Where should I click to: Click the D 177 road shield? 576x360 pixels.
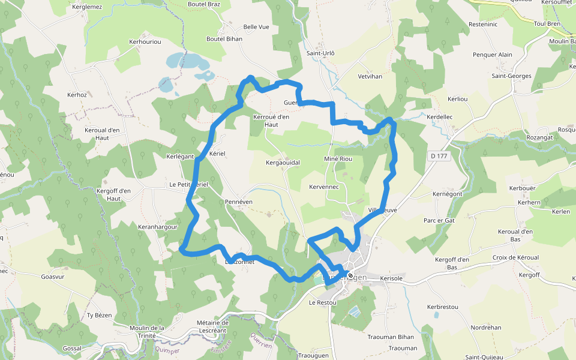coord(439,156)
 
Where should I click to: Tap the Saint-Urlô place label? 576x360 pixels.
coord(320,53)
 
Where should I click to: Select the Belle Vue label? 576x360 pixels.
coord(256,27)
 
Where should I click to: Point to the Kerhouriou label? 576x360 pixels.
coord(145,42)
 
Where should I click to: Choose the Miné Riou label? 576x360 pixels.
coord(338,159)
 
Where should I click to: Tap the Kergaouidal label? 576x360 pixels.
coord(283,163)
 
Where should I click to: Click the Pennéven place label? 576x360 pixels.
coord(239,202)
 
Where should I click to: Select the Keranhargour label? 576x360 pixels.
coord(158,227)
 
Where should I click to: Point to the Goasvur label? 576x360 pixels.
coord(53,277)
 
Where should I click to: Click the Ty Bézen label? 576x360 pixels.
coord(100,315)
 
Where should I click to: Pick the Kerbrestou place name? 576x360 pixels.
coord(442,307)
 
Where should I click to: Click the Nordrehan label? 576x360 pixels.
coord(486,328)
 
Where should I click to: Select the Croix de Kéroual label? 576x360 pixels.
coord(515,257)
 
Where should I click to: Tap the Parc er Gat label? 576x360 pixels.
coord(439,220)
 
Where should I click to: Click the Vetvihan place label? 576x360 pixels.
coord(370,77)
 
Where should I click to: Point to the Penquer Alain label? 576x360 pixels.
coord(493,55)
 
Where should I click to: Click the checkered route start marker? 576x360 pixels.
coord(350,275)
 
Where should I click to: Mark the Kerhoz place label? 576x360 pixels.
coord(77,95)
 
